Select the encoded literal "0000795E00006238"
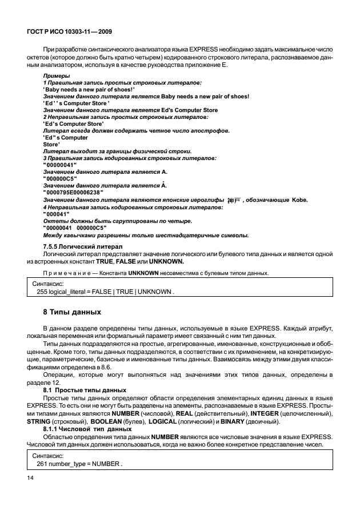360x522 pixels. coord(73,193)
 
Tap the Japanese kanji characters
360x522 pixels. coord(235,200)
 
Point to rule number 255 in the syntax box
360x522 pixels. coord(42,292)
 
